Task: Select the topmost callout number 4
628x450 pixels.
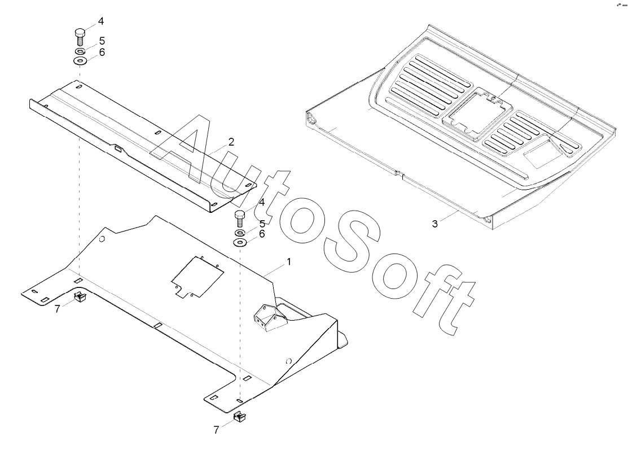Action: click(x=101, y=21)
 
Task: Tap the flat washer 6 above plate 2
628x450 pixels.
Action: click(x=80, y=61)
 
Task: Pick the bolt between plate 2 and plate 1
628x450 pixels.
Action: click(x=239, y=217)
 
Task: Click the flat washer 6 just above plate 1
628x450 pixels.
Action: click(x=240, y=243)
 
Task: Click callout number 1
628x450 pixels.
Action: click(x=289, y=262)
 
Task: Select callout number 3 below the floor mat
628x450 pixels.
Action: click(x=434, y=224)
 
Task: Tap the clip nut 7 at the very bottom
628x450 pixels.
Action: click(x=241, y=418)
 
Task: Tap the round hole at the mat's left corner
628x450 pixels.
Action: click(x=311, y=119)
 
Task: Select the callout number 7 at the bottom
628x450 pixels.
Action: click(x=216, y=430)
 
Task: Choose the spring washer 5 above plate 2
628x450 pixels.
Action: click(x=80, y=51)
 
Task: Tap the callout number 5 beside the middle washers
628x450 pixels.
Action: click(x=262, y=224)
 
